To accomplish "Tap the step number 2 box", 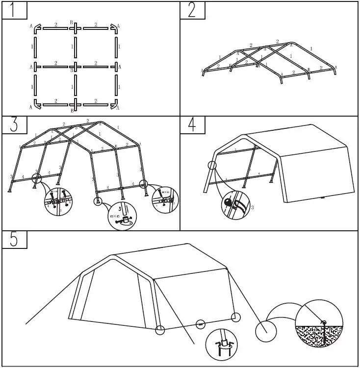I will click(192, 10).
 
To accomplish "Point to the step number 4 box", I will click(192, 125).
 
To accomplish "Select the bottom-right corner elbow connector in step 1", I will click(114, 104).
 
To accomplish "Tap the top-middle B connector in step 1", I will click(75, 27).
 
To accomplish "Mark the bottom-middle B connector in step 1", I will click(75, 104).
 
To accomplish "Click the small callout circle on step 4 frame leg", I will click(212, 165).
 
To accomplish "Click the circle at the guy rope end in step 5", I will click(265, 331).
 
